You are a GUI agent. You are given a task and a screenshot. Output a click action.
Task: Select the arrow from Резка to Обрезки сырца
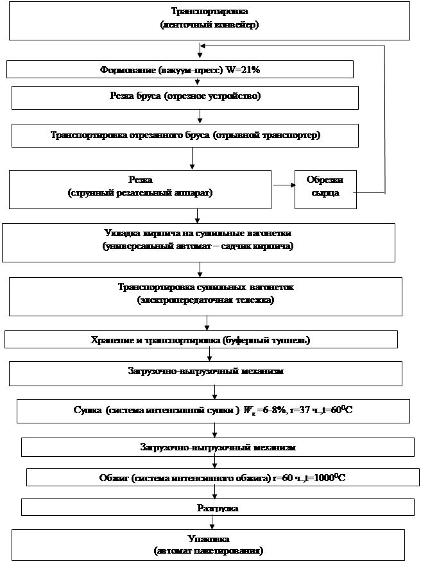(x=282, y=185)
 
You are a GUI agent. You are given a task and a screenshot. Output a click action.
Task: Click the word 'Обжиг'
(x=114, y=478)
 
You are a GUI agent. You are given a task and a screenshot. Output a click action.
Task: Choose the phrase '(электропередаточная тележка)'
(x=205, y=300)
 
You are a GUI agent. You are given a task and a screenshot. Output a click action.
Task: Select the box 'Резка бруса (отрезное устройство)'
(x=185, y=97)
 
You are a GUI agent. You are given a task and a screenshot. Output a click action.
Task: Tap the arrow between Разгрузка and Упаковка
(x=212, y=522)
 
